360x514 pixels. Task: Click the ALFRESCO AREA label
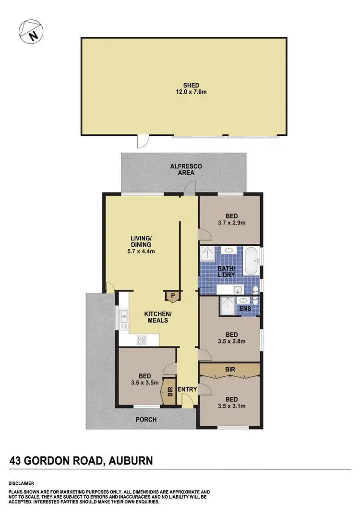[186, 169]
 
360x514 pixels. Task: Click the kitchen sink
[124, 317]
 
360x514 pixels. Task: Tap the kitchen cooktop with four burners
[142, 340]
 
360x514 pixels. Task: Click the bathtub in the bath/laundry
[252, 262]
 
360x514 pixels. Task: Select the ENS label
[245, 309]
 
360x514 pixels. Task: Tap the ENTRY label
[187, 389]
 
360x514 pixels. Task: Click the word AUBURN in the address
[130, 461]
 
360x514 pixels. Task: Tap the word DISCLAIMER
[21, 483]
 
